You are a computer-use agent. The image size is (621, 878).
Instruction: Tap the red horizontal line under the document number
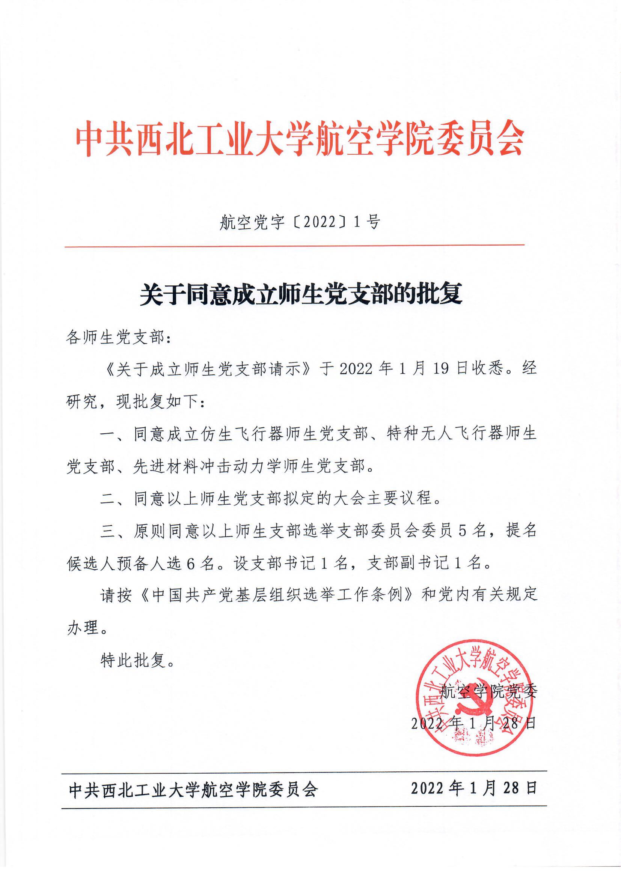[294, 246]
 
